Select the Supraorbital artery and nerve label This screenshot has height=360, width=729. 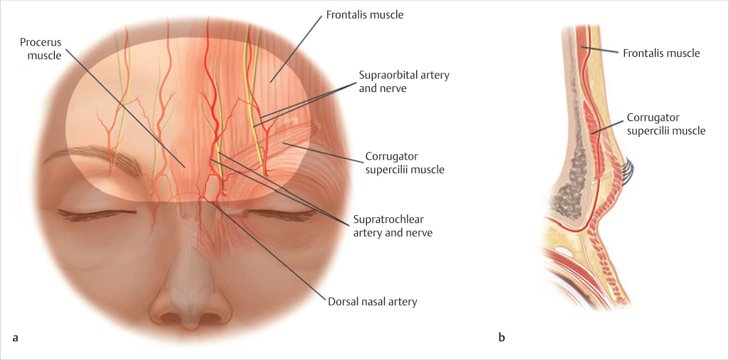405,81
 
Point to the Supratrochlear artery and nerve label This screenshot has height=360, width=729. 393,225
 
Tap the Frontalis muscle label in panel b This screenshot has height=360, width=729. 661,53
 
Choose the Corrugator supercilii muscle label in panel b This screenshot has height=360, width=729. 666,123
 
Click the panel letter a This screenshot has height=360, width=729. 16,336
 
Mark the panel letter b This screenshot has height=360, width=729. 502,336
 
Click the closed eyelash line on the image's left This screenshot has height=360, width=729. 91,213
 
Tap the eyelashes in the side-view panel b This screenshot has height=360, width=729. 627,172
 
